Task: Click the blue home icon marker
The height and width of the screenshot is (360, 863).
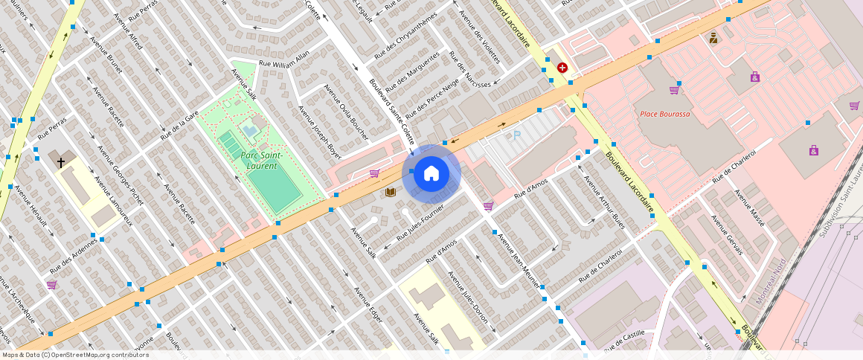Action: click(431, 173)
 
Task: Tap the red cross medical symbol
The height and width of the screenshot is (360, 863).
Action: click(562, 67)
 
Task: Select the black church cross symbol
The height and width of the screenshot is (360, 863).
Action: click(60, 161)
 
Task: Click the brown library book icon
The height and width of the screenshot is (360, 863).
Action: click(390, 192)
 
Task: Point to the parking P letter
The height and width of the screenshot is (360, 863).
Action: click(517, 135)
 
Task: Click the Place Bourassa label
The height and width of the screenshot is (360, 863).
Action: click(665, 114)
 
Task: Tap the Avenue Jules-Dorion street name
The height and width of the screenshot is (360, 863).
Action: click(467, 297)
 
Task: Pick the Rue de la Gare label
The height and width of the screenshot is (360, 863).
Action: click(179, 126)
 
